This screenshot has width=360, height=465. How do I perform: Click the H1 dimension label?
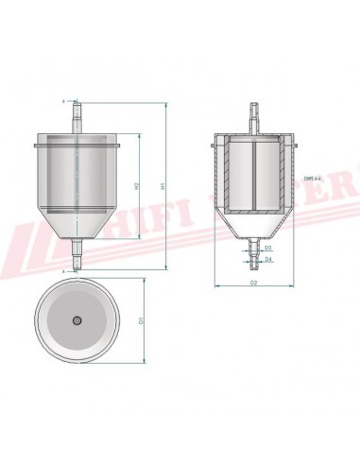pyautogui.click(x=162, y=187)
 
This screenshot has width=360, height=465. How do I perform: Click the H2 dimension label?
pyautogui.click(x=138, y=185)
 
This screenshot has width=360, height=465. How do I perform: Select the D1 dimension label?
pyautogui.click(x=142, y=321)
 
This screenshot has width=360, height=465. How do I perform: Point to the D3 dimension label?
pyautogui.click(x=268, y=248)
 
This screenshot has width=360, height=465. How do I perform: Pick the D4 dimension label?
pyautogui.click(x=268, y=258)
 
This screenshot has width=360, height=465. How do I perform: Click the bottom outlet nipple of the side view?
pyautogui.click(x=76, y=252)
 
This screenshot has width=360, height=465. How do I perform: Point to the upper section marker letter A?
pyautogui.click(x=62, y=100)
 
